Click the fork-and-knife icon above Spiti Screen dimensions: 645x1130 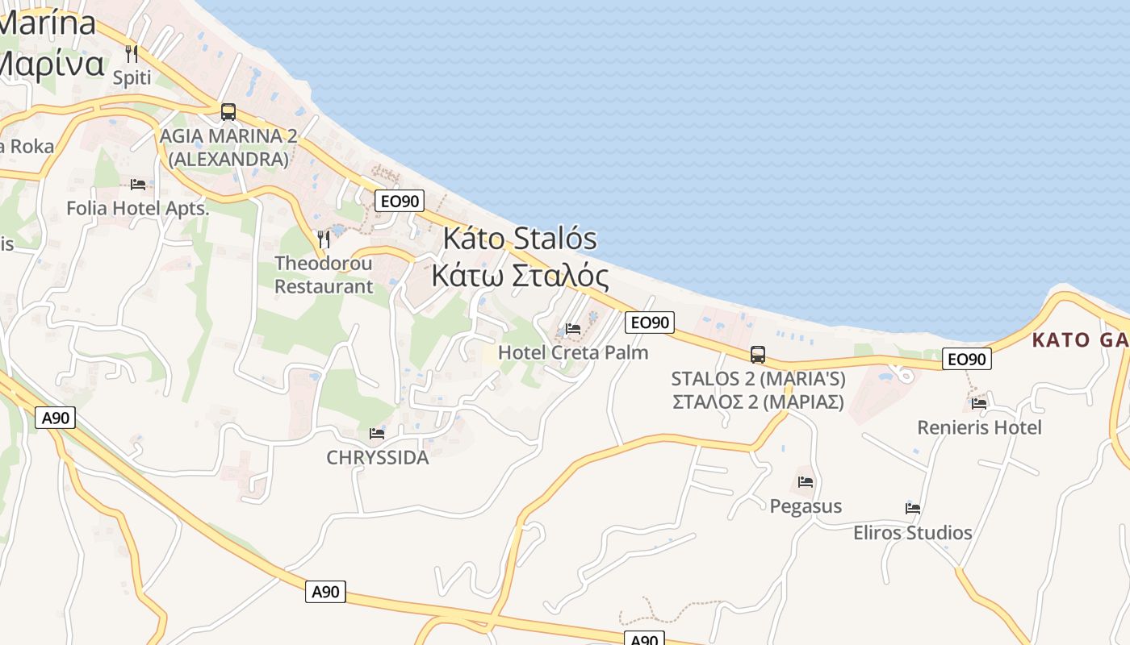point(132,54)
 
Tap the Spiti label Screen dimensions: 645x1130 point(132,78)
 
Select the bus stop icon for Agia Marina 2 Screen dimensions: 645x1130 point(228,111)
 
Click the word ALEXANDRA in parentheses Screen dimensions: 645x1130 point(228,160)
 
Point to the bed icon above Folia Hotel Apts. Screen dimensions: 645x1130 point(138,185)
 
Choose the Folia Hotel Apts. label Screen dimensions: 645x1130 point(137,208)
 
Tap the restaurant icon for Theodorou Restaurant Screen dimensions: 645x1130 point(324,239)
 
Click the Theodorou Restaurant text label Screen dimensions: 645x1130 point(324,275)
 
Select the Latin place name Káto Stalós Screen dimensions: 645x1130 point(520,239)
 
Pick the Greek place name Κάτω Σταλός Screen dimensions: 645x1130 point(520,275)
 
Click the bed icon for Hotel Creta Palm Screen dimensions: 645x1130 point(573,329)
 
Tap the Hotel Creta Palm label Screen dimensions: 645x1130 point(573,352)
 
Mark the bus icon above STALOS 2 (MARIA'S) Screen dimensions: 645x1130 point(758,354)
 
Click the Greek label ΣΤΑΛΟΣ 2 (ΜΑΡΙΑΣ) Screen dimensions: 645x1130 point(758,402)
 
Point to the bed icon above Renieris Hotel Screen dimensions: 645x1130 point(979,403)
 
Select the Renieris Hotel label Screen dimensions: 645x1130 point(979,427)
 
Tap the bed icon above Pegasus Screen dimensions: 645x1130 point(806,482)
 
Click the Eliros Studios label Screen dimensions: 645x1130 point(912,533)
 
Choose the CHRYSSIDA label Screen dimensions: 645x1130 point(377,458)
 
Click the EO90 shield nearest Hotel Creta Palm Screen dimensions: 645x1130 point(649,322)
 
